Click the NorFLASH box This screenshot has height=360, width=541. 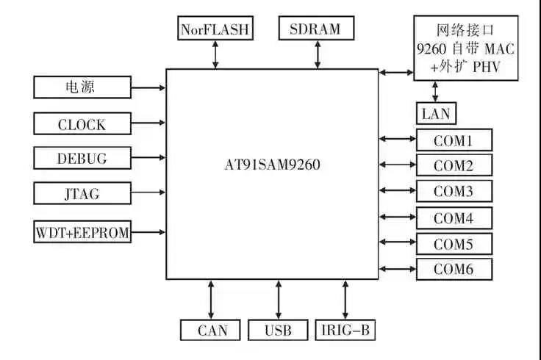pos(215,29)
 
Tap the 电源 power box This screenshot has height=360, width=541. pos(82,87)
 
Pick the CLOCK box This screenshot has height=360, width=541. pos(82,124)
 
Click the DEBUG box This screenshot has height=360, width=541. pos(82,158)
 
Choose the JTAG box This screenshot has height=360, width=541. pos(82,194)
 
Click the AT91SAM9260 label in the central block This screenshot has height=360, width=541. pos(273,164)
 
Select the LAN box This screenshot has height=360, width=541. pos(436,114)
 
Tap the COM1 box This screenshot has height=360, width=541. pos(454,140)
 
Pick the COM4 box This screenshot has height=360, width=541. pos(454,218)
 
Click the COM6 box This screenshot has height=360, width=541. pos(454,270)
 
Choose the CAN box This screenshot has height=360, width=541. pos(212,331)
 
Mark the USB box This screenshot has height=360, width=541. pos(278,331)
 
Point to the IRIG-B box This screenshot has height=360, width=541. pos(345,331)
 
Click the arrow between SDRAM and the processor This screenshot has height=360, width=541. pos(318,54)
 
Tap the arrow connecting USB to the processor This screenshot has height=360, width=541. pos(278,299)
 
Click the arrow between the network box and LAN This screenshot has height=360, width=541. pos(436,92)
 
